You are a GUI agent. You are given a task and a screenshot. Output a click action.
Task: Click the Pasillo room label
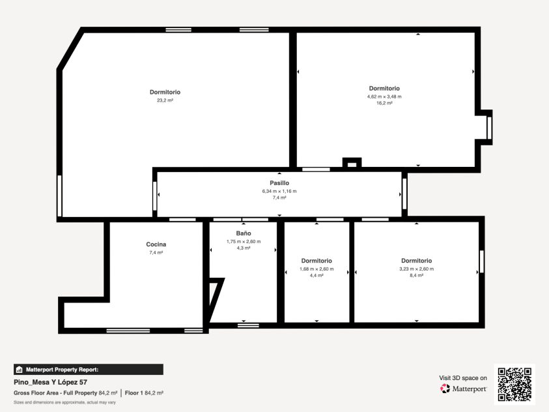[279, 183]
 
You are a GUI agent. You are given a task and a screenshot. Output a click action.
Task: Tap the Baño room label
[244, 233]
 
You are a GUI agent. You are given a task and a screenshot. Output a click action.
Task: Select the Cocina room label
[156, 244]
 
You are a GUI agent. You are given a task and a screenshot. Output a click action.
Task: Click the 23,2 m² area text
[165, 100]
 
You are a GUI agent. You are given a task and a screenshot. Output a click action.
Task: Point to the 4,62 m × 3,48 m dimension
[384, 96]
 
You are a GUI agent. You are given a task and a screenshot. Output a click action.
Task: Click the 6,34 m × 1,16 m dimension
[279, 191]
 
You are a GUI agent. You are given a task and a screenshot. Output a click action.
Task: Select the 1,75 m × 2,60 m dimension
[244, 242]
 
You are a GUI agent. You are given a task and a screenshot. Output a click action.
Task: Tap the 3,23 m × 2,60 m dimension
[416, 269]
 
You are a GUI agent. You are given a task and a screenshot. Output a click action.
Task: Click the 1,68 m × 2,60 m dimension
[317, 269]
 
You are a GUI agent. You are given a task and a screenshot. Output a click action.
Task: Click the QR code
[514, 385]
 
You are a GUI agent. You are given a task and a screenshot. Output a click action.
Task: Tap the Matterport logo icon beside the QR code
[445, 389]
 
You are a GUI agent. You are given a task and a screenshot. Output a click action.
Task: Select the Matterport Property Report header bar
[89, 370]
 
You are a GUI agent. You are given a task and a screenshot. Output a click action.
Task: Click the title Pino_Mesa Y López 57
[50, 382]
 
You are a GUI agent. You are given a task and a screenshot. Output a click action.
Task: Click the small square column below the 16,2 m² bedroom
[352, 163]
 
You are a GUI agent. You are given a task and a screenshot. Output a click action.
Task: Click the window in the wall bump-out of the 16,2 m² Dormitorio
[489, 128]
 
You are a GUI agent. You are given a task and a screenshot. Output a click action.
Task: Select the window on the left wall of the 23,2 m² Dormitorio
[59, 196]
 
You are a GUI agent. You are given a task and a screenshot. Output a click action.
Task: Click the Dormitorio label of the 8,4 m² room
[416, 261]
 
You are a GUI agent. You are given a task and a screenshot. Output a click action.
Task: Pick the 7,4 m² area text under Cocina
[156, 252]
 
